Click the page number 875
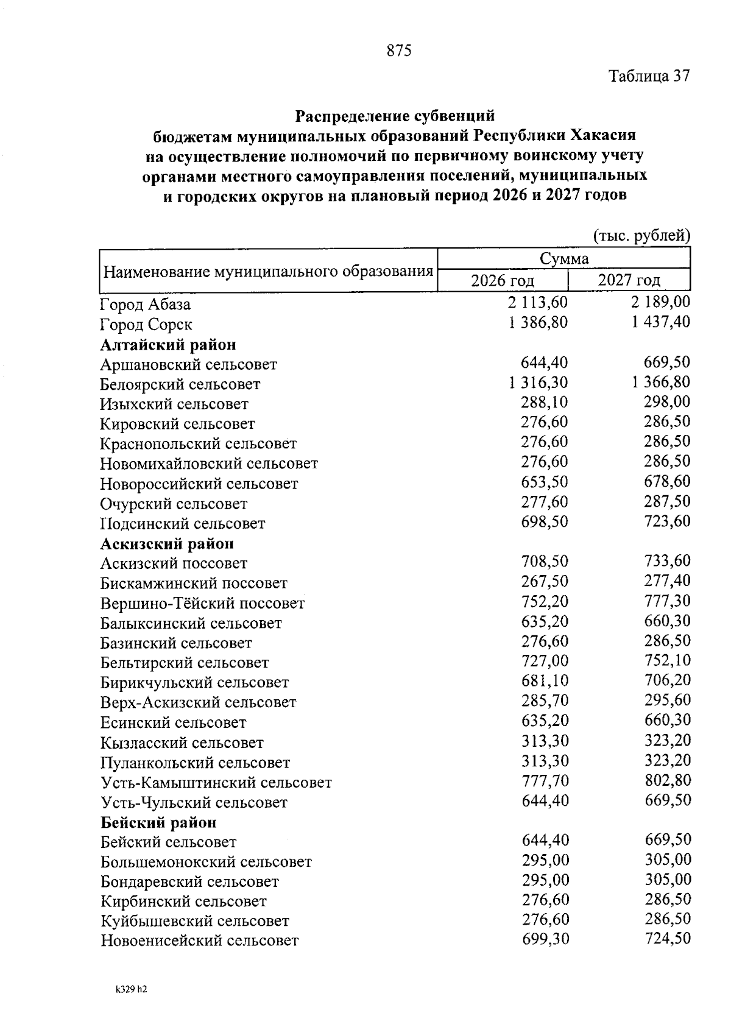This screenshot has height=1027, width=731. click(x=399, y=51)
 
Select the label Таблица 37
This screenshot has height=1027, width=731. click(x=649, y=77)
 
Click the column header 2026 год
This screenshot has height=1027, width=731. click(x=503, y=281)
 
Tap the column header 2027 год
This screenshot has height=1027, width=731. click(x=629, y=280)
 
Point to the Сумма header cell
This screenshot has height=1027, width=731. click(x=564, y=259)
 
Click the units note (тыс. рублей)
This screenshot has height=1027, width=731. click(x=641, y=236)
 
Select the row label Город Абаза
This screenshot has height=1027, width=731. click(x=145, y=304)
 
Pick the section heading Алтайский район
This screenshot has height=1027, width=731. click(x=168, y=345)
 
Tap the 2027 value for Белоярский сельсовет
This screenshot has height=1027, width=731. click(x=661, y=382)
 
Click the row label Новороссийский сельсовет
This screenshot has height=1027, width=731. click(x=199, y=484)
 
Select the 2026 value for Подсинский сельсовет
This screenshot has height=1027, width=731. click(x=544, y=521)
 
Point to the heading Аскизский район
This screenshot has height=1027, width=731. click(x=167, y=543)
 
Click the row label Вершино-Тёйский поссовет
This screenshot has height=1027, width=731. click(x=202, y=604)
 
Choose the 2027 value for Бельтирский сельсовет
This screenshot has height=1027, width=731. click(x=667, y=660)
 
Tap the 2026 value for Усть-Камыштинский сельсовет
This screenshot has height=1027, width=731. click(x=545, y=780)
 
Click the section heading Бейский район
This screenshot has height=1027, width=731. click(x=158, y=823)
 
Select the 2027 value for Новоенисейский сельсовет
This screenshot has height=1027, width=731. click(x=668, y=938)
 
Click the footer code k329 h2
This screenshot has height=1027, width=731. click(x=131, y=990)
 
